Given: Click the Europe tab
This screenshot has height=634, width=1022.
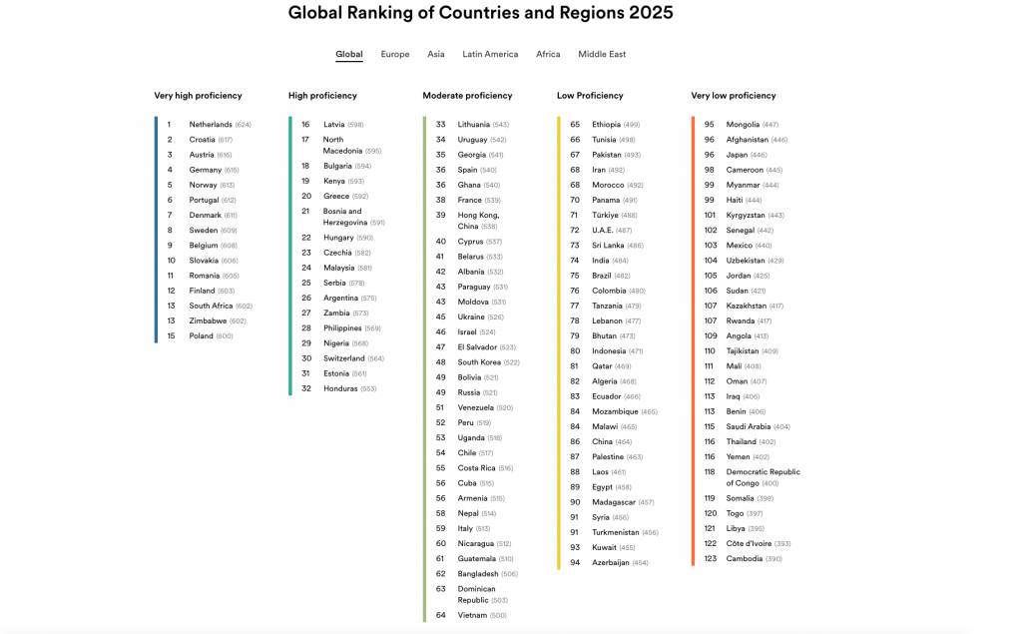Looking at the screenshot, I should tap(394, 54).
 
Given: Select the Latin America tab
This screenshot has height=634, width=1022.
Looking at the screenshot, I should tap(490, 54).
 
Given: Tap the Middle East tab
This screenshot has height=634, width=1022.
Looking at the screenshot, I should tap(602, 54).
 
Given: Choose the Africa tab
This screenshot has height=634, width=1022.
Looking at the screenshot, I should tap(548, 54).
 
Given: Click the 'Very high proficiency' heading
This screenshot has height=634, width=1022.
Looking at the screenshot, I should tap(198, 96).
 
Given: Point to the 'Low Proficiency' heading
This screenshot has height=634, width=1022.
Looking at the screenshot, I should tap(590, 96).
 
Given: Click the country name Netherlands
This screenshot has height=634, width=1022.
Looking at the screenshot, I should tap(211, 125).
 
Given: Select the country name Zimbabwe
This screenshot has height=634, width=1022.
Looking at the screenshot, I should tap(208, 321).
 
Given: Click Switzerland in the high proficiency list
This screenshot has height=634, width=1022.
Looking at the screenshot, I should tap(344, 358).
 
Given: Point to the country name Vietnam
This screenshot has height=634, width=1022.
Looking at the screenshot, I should tap(472, 616).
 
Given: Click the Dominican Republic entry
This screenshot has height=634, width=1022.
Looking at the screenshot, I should tap(477, 594).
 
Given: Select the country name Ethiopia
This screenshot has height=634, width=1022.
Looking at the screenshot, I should tap(606, 125).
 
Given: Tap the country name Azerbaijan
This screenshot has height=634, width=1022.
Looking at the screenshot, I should tap(611, 563).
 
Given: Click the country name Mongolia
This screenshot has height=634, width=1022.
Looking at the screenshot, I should tap(743, 125).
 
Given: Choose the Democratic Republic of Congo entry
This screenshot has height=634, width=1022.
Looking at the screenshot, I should tap(763, 477).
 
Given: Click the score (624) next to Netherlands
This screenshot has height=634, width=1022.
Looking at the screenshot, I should tap(244, 125).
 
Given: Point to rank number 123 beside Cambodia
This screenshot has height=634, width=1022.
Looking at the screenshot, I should tap(710, 559).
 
